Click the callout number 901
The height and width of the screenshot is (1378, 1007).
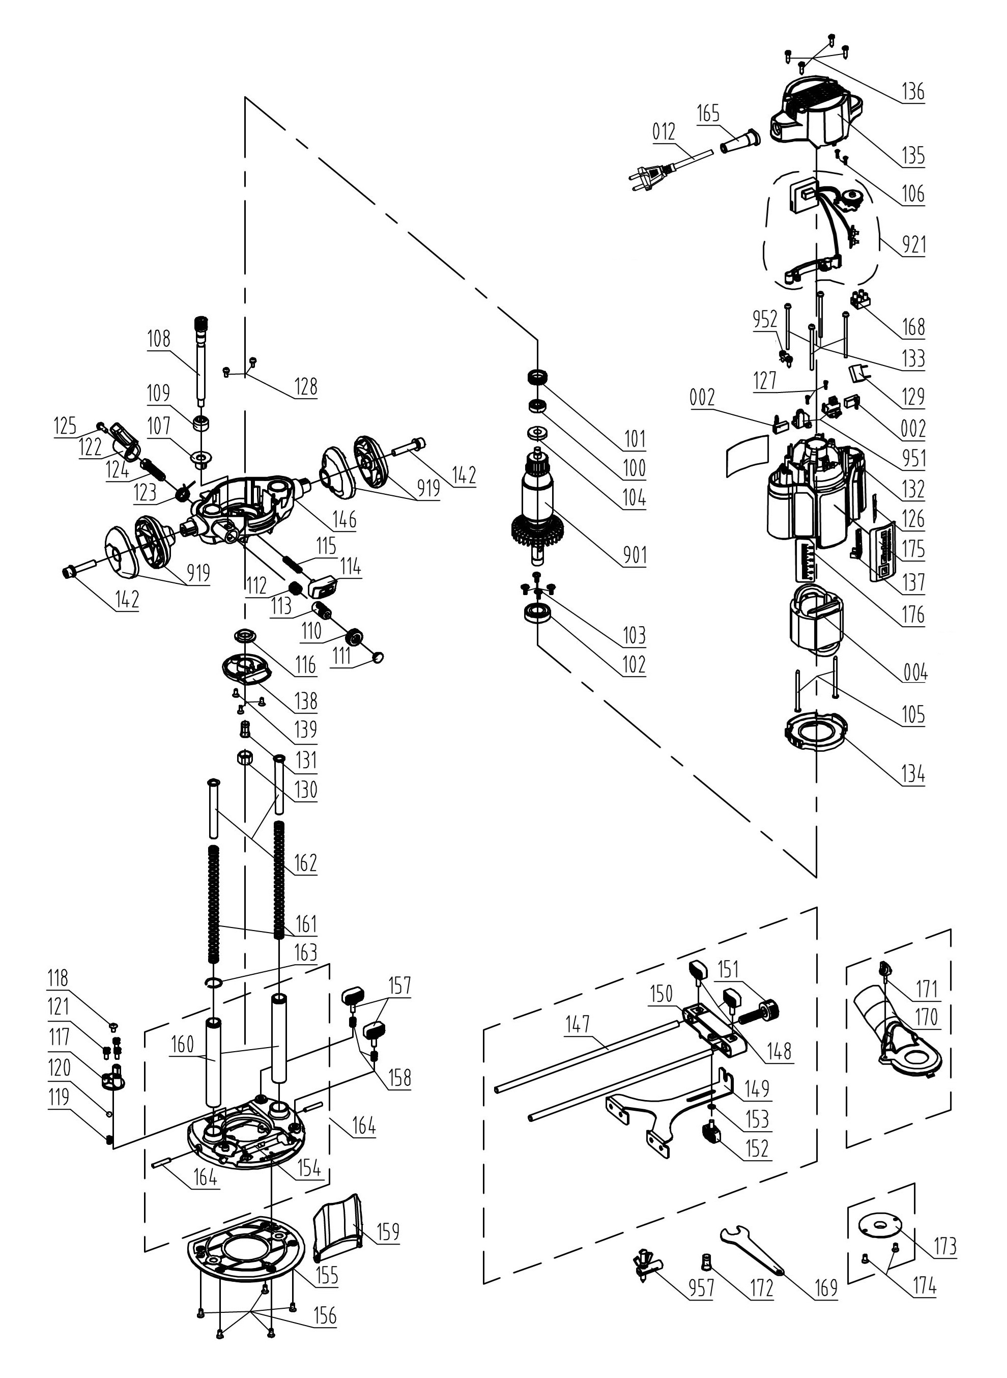[x=634, y=555]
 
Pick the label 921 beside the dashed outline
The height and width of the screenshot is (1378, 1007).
[x=912, y=244]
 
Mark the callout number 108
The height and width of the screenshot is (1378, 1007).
[x=158, y=339]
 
